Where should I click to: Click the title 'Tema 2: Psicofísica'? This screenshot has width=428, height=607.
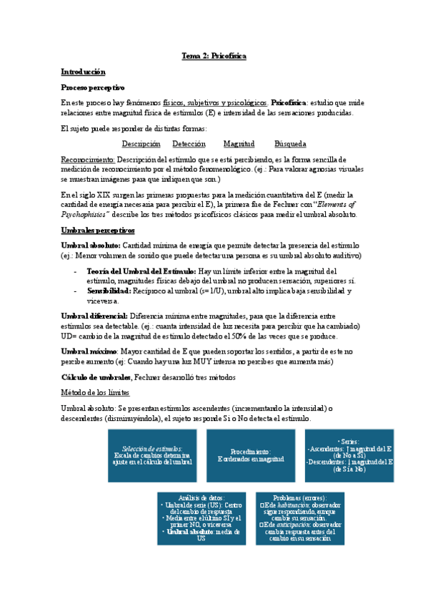point(214,56)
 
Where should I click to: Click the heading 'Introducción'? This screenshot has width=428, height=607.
point(83,72)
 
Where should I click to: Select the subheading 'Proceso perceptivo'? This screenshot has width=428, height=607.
point(92,87)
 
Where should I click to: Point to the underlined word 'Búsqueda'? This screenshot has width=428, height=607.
point(290,144)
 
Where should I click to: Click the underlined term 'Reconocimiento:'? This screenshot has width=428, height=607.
point(88,159)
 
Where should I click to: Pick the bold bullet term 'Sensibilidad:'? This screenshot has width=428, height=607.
point(109,291)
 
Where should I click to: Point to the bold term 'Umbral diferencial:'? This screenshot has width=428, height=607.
point(94,316)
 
